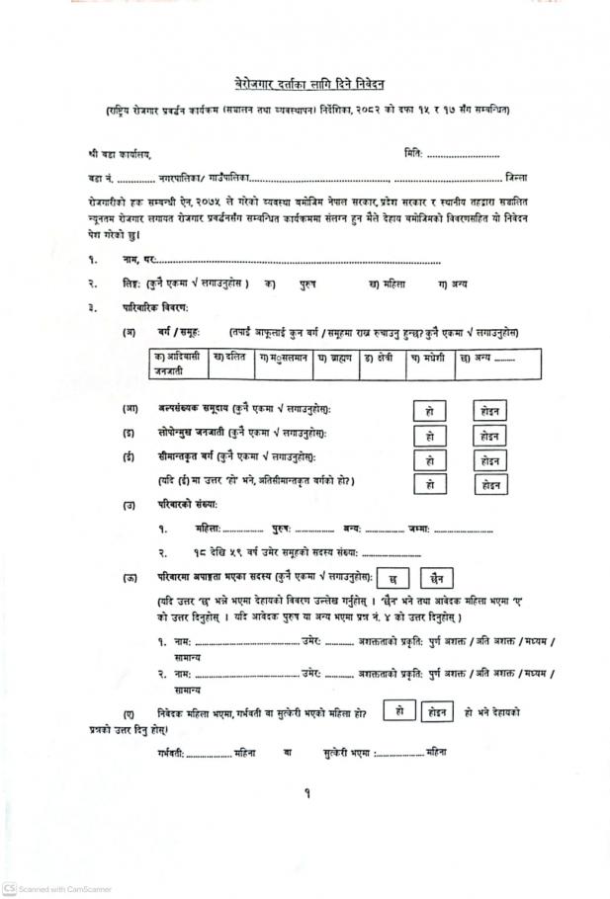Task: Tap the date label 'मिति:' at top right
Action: coord(414,155)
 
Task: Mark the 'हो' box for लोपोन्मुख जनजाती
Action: coord(429,436)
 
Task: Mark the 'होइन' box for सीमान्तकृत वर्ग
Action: coord(488,460)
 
